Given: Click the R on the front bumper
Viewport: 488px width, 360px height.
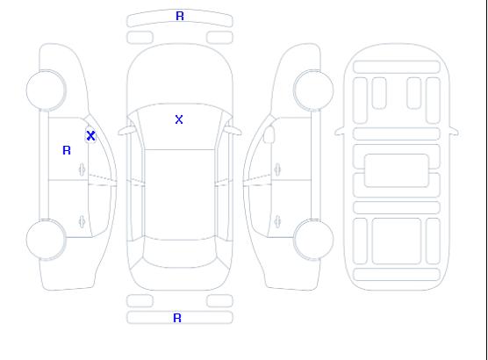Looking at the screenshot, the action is point(180,16).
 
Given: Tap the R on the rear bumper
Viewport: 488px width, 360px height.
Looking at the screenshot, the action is point(177,318).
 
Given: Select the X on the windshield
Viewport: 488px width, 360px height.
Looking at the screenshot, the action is point(179,119).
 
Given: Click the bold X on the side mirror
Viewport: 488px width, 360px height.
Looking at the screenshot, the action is point(90,135).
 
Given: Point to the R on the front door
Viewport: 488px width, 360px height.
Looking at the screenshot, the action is point(67,150).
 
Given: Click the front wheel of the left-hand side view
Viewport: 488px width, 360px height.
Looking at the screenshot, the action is point(46,90).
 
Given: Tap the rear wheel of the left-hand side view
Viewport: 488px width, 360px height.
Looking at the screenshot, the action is point(46,240).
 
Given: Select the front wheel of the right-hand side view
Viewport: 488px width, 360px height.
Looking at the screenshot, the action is point(313,90).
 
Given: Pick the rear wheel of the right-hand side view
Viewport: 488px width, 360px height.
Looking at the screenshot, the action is point(313,240).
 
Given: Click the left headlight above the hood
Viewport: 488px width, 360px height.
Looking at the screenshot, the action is point(140,38).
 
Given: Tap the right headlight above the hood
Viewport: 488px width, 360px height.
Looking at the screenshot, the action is point(219,38).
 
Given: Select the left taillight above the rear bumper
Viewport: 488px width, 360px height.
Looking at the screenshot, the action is point(140,301).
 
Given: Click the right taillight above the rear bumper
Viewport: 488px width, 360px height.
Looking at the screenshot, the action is point(219,301).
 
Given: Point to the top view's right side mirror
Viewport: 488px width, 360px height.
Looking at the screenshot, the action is point(233,130).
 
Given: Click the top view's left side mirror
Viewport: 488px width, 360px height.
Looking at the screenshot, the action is point(126,130).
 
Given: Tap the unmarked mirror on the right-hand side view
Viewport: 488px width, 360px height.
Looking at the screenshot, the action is point(269,134).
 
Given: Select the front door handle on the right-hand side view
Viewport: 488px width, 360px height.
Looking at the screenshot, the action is point(277,169).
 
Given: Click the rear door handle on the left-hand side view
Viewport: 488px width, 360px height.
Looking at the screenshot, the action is point(82,222).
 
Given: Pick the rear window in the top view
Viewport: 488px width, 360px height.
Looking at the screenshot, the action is point(180,254).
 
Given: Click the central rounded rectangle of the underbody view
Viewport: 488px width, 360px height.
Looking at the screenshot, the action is point(397,170).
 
